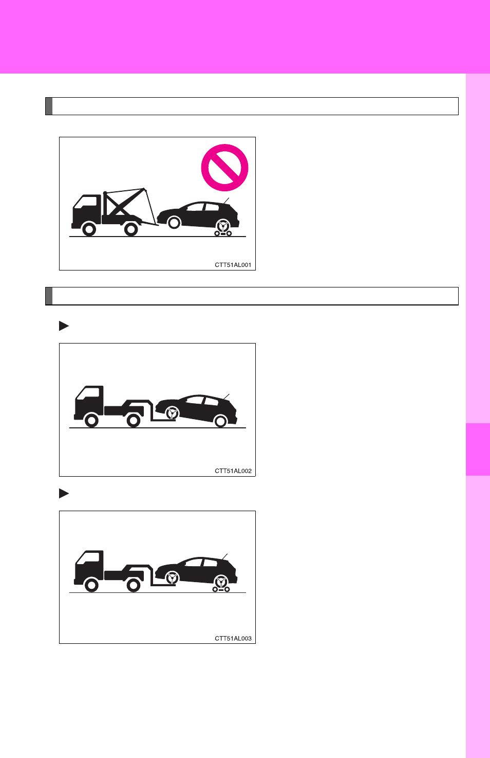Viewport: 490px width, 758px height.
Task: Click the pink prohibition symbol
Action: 224,146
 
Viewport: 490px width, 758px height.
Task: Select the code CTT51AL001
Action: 233,265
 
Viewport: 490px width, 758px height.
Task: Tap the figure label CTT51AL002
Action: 233,471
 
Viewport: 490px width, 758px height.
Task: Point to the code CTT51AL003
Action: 233,639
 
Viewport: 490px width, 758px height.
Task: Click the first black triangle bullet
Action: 64,326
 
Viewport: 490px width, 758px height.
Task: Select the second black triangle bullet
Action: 64,493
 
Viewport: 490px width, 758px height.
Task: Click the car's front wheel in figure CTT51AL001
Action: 174,223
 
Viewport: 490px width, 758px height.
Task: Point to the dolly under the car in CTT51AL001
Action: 223,233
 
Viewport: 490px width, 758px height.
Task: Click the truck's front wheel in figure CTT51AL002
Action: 91,421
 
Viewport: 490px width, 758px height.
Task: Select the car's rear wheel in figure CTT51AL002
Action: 221,421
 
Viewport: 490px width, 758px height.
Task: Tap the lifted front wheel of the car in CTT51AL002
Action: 173,413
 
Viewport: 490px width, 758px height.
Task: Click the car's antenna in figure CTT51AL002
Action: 226,397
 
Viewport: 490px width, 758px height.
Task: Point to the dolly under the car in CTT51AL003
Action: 221,589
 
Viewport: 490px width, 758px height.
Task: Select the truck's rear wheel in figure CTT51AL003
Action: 133,585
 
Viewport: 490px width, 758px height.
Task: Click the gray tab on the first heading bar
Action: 49,106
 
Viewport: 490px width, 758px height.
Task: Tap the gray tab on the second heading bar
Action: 49,296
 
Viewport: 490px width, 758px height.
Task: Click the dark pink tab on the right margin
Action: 478,449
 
